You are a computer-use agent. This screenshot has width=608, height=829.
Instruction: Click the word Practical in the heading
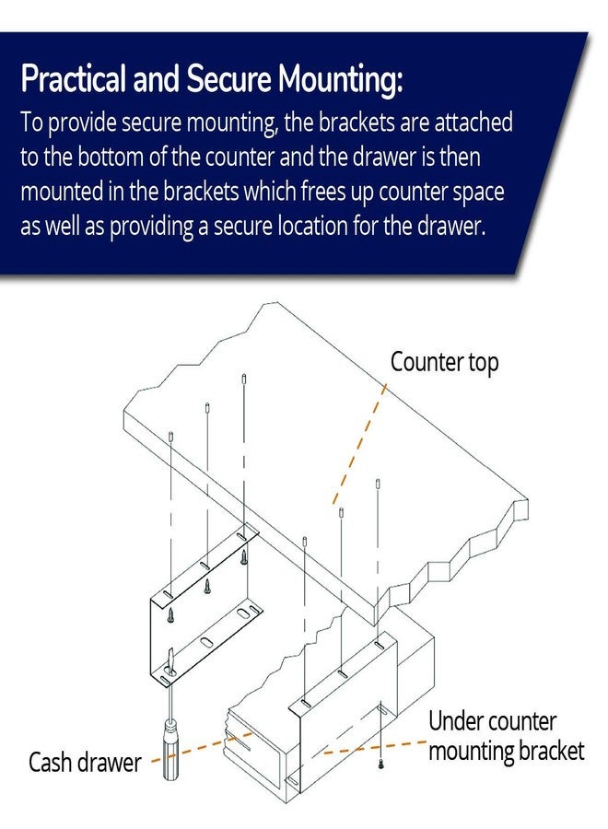click(x=74, y=79)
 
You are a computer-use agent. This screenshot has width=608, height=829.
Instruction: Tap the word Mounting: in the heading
click(x=341, y=79)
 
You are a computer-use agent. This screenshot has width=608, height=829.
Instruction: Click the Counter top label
click(x=444, y=363)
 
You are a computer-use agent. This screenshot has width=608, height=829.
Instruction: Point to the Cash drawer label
click(x=85, y=763)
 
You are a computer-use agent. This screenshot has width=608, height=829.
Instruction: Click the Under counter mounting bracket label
click(x=506, y=737)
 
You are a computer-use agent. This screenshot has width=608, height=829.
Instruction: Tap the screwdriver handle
click(x=170, y=750)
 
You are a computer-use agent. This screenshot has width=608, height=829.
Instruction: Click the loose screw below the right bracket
click(x=380, y=763)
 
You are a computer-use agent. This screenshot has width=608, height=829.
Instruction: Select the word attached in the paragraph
click(x=474, y=123)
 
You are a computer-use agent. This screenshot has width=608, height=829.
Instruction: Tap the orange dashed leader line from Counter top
click(x=359, y=444)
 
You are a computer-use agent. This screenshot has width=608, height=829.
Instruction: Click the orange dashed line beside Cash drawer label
click(x=202, y=746)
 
